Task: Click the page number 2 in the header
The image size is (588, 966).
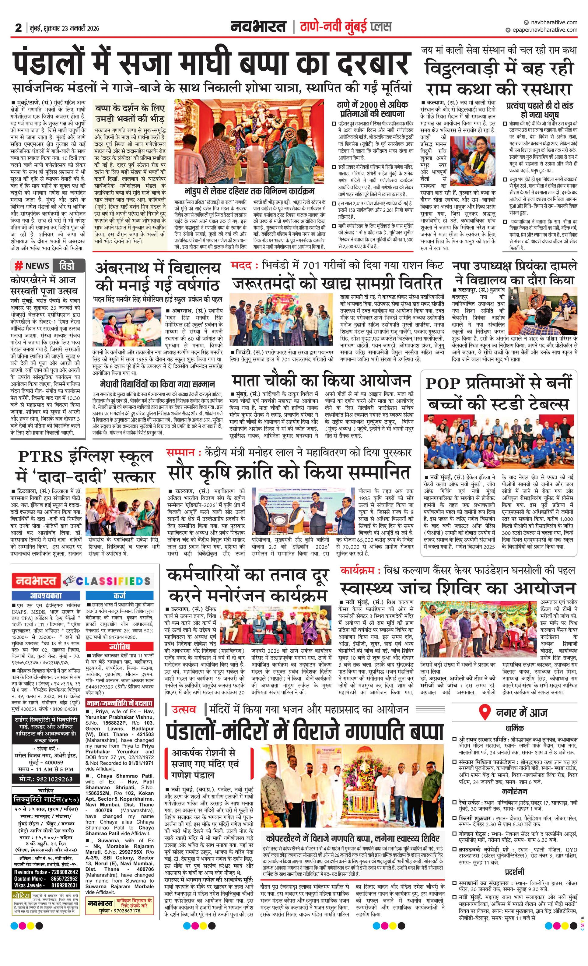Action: tap(18, 28)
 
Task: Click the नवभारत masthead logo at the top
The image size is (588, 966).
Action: tap(259, 27)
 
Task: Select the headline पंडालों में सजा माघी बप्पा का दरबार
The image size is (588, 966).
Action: tap(212, 63)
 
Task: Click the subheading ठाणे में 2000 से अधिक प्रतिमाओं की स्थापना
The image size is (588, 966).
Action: tap(372, 109)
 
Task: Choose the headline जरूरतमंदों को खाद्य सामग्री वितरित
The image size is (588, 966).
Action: tap(337, 283)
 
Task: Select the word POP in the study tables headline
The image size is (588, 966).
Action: tap(443, 384)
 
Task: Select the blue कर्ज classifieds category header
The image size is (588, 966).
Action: tap(120, 595)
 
